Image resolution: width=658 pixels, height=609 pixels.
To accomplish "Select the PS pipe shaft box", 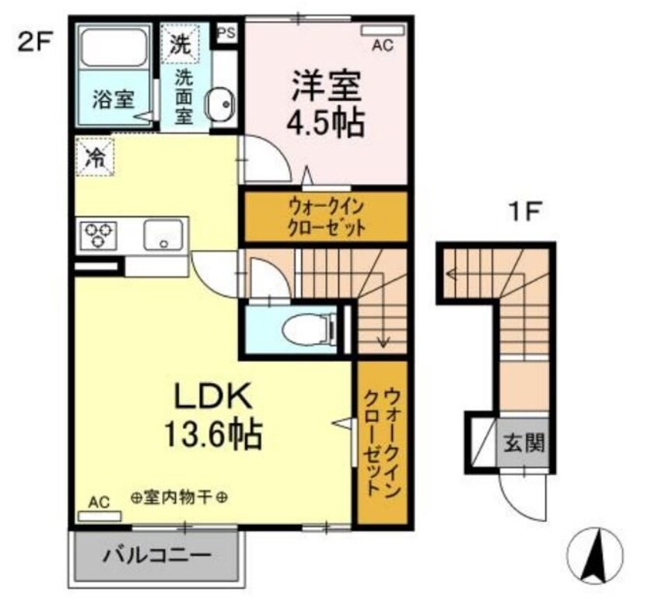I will coord(226,33).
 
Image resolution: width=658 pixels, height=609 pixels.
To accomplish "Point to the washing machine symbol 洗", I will coord(180,43).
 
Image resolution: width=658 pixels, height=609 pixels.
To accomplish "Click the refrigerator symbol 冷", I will coord(95,158).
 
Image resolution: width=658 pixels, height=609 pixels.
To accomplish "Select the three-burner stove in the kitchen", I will coord(100,235).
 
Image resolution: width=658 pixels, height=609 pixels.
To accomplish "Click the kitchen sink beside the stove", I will coord(163,234).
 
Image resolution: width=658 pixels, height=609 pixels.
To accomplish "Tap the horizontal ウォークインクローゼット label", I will coord(327,217).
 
